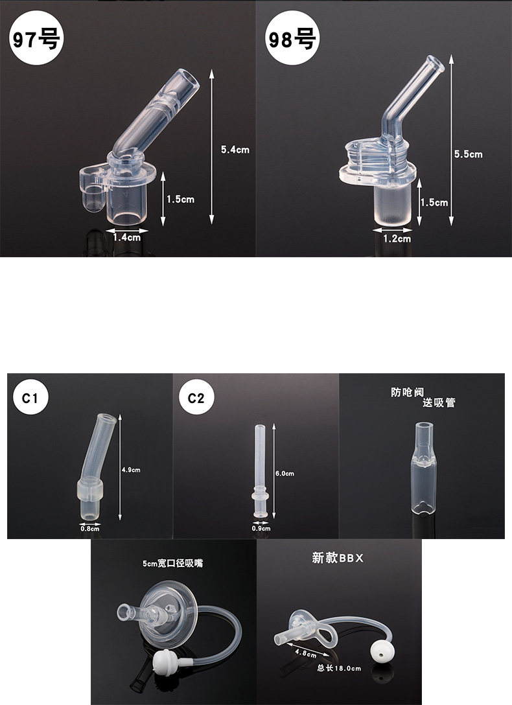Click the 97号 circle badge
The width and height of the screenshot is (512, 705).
coord(36,38)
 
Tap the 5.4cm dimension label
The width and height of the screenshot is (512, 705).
coord(235,150)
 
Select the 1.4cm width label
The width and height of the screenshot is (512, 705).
coord(127,237)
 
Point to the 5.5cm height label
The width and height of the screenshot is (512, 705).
coord(468,154)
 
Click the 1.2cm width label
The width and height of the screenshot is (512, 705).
coord(397,238)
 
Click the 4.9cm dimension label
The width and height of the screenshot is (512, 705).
coord(131,470)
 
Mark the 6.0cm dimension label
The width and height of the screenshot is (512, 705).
coord(285,474)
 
